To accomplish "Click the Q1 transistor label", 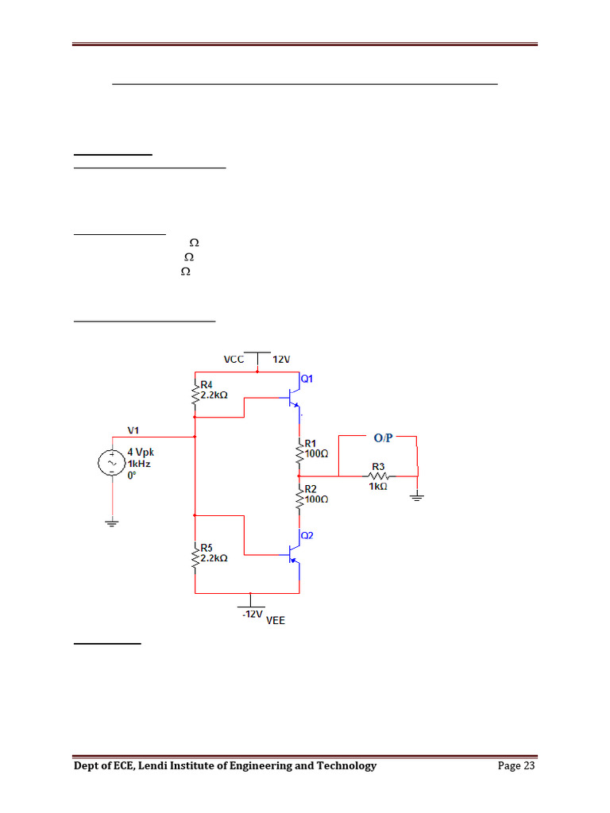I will (x=306, y=379).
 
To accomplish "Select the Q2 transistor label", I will (x=306, y=535).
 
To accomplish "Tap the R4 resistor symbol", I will (x=195, y=394).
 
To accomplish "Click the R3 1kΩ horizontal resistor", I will (x=377, y=476).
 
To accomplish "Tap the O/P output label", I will (x=384, y=437).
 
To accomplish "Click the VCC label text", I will (x=234, y=360).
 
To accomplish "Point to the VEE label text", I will (x=275, y=621).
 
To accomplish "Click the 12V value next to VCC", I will (x=282, y=360).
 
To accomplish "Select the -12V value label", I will (x=253, y=615).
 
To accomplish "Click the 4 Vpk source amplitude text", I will (x=141, y=452).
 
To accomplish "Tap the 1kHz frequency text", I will (x=140, y=463).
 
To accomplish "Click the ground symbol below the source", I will (x=112, y=523).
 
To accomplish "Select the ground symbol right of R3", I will (x=417, y=497).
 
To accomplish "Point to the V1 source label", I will (x=133, y=430).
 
